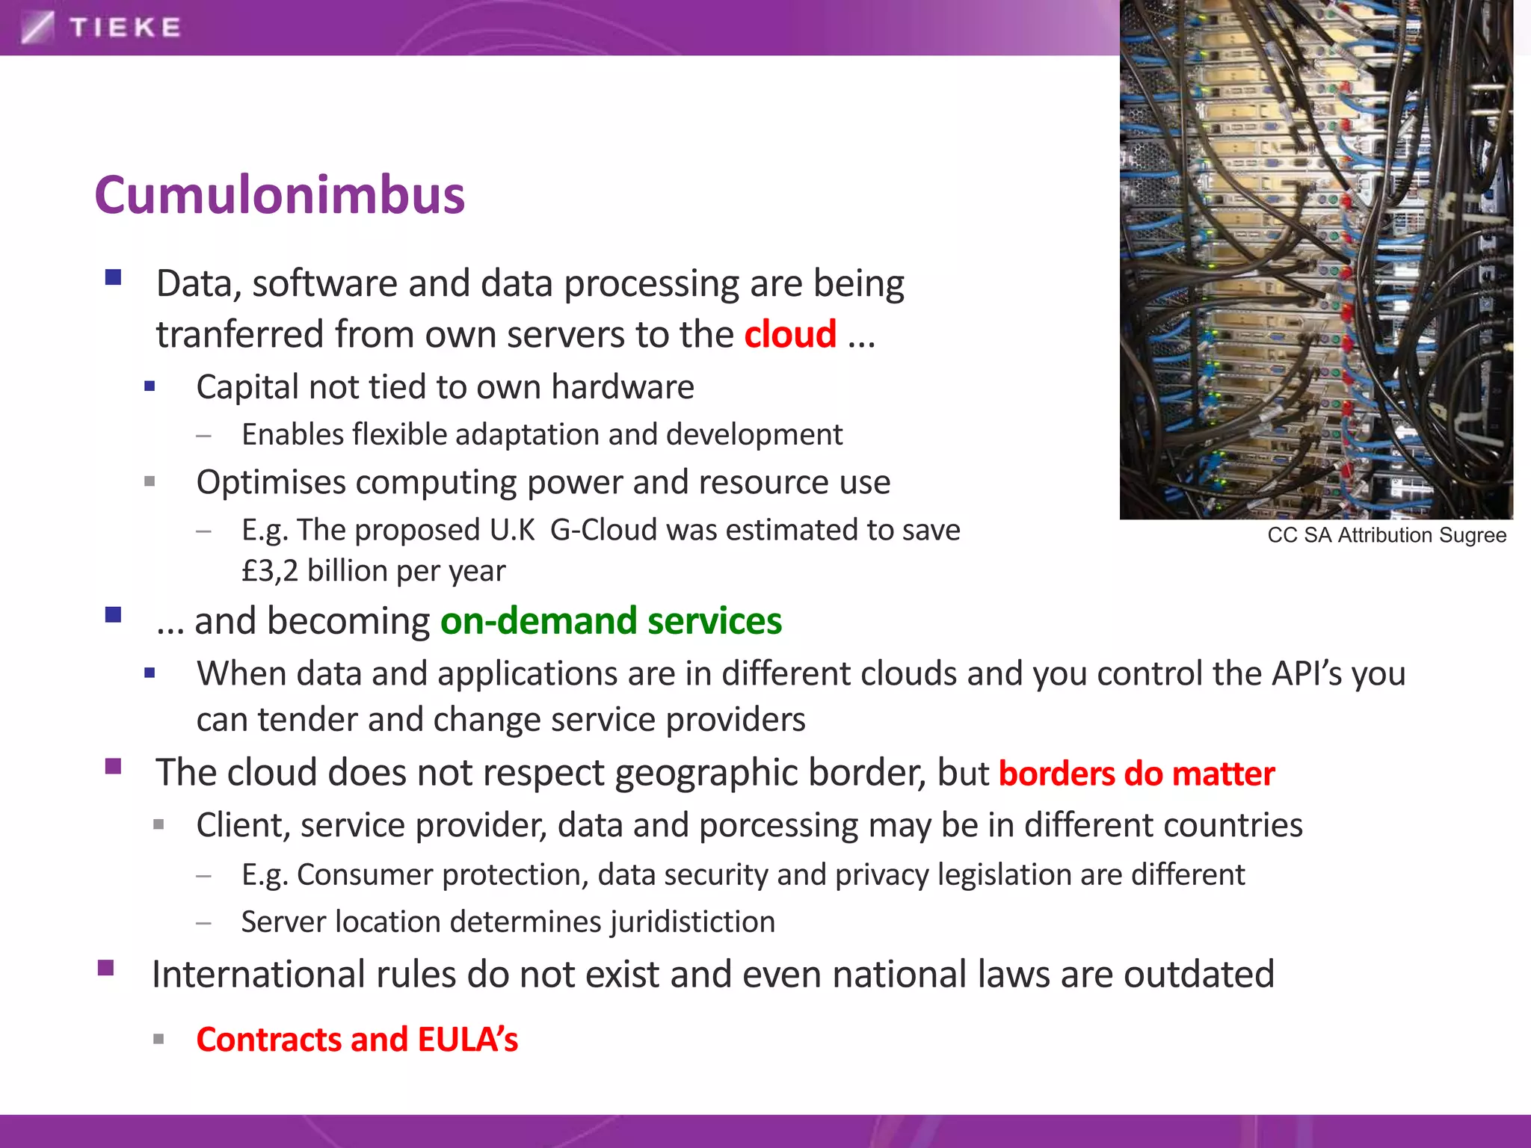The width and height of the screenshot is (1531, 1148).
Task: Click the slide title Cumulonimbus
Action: (280, 195)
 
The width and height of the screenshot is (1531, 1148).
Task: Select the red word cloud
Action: (789, 334)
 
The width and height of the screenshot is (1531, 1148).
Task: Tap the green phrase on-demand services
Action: (611, 621)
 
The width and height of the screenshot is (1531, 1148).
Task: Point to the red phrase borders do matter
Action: (1136, 774)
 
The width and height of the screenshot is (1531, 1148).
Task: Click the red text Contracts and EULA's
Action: (357, 1040)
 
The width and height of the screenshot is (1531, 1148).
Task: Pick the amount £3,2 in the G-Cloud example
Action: (269, 571)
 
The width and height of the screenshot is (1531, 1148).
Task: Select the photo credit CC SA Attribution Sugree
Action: (1386, 535)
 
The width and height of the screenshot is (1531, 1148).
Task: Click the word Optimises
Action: (270, 483)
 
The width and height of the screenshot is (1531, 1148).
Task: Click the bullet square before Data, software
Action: (114, 278)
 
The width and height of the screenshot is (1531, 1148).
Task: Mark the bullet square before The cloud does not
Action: (114, 766)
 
